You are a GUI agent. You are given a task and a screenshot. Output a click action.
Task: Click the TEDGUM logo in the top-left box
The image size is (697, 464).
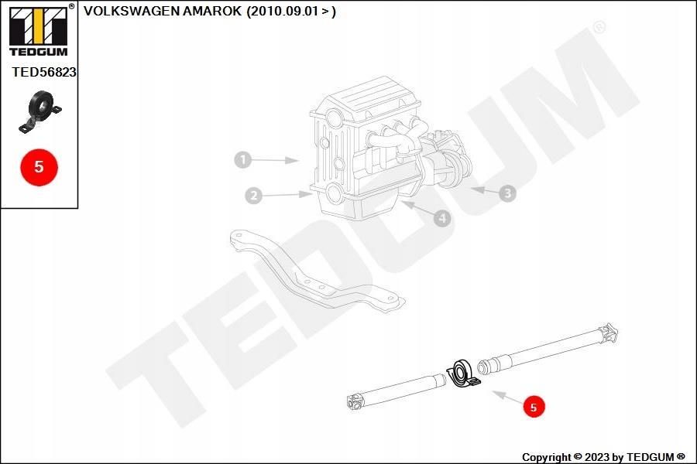(x=39, y=30)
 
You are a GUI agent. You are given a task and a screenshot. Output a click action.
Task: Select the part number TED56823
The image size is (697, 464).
(x=44, y=72)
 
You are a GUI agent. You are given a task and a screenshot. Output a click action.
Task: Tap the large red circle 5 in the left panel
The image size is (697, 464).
(x=39, y=167)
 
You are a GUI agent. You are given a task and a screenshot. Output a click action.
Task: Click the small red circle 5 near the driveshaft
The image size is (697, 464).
(x=534, y=408)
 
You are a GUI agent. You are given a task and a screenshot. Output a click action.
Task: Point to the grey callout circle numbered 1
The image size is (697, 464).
(x=242, y=159)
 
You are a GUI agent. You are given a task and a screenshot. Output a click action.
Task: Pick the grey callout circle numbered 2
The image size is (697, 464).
(x=253, y=196)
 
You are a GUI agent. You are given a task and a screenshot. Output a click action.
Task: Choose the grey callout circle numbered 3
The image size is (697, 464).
(x=507, y=193)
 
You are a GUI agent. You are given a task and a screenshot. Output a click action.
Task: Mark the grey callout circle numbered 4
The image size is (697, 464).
(x=442, y=218)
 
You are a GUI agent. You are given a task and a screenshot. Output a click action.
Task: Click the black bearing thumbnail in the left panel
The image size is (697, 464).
(x=39, y=111)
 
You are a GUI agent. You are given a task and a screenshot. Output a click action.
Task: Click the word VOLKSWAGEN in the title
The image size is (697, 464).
(x=131, y=11)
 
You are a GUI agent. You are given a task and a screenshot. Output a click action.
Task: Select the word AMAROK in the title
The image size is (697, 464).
(x=211, y=11)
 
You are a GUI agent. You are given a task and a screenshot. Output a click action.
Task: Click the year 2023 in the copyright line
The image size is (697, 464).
(x=596, y=457)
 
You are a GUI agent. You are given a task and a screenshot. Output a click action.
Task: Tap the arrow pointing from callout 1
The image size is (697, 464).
(x=275, y=160)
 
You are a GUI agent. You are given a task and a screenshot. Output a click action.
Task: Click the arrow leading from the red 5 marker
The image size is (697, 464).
(x=507, y=397)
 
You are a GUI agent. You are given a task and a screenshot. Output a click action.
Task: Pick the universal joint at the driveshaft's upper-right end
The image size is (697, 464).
(x=608, y=334)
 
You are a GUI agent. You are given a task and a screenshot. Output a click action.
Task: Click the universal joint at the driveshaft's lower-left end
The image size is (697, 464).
(x=356, y=401)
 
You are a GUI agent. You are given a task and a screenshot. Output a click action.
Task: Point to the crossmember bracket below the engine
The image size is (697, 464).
(x=316, y=271)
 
